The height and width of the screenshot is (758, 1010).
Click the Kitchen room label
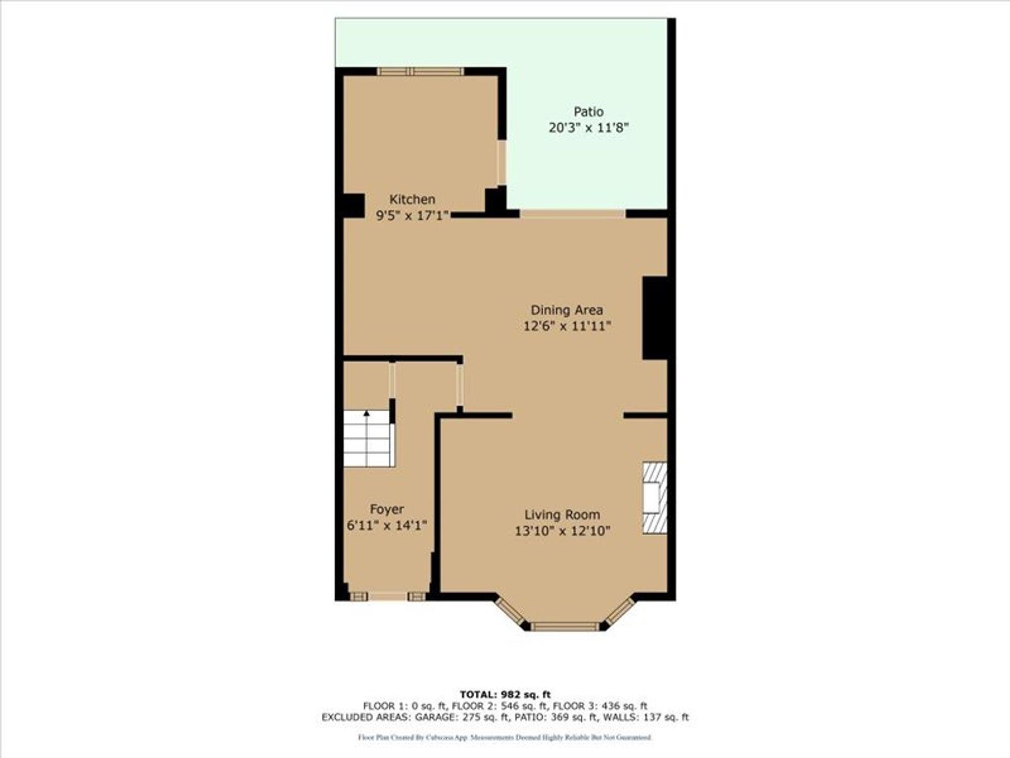point(412,199)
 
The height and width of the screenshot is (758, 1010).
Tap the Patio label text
point(588,112)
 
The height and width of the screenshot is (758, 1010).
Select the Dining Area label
point(567,310)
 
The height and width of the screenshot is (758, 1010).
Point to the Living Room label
point(562,515)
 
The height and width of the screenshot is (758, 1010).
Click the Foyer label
point(387,509)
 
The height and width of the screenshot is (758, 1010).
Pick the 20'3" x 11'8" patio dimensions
point(588,128)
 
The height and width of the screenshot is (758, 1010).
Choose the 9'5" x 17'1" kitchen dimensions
point(412,216)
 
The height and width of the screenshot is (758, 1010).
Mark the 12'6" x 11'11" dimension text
point(567,326)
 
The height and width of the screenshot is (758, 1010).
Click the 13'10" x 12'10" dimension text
point(562,531)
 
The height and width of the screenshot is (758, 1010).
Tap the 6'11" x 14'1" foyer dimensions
point(387,526)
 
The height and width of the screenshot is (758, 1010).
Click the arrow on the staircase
point(367,414)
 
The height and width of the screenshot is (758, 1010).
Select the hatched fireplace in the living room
point(654,498)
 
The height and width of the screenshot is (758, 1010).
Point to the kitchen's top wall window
point(420,72)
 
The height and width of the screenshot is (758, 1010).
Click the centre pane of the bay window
point(564,627)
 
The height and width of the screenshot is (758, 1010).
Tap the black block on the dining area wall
point(654,318)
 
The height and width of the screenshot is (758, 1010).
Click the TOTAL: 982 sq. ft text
point(505,694)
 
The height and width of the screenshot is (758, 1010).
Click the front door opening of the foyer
point(387,597)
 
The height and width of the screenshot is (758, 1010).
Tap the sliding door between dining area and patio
point(573,214)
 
